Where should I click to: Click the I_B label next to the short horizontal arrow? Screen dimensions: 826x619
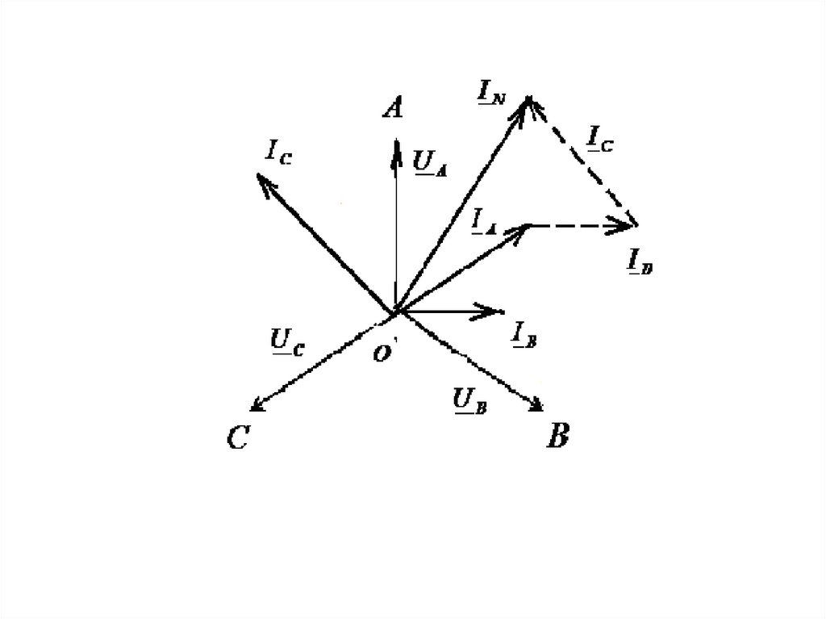point(524,333)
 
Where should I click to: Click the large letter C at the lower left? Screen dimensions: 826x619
point(237,438)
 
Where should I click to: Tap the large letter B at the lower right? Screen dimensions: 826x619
point(557,437)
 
